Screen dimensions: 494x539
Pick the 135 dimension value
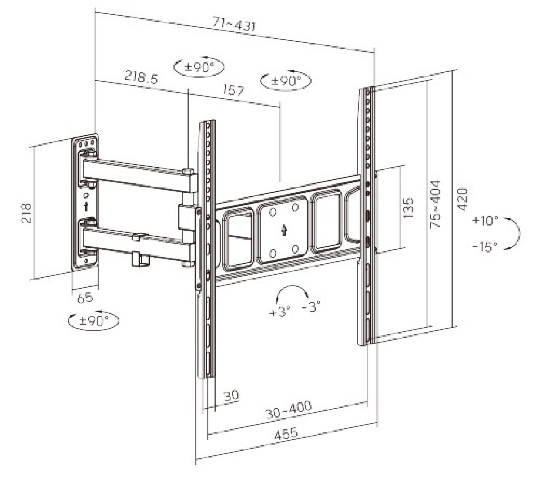408,207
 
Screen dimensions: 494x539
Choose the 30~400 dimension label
288,410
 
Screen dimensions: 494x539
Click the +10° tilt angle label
485,221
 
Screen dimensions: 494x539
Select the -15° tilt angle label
485,246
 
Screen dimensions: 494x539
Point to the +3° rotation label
280,311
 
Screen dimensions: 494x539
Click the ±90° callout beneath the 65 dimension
93,321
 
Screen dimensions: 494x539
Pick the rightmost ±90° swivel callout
286,81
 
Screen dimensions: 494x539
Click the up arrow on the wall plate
86,207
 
